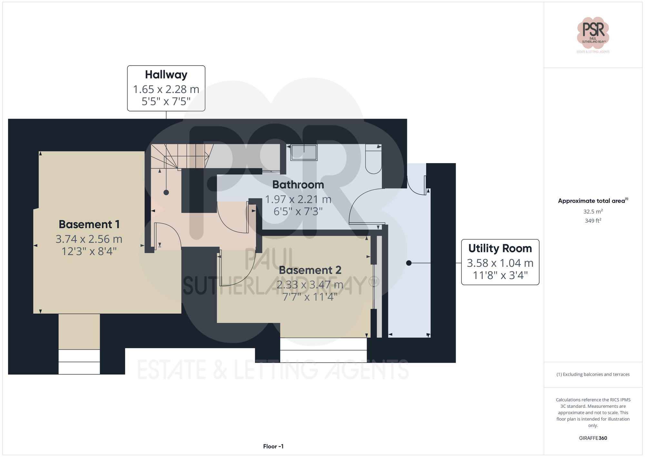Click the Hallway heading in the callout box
pyautogui.click(x=166, y=75)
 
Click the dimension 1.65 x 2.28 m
pyautogui.click(x=166, y=89)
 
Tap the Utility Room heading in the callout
pyautogui.click(x=500, y=248)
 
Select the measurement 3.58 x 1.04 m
pyautogui.click(x=500, y=263)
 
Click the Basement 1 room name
pyautogui.click(x=89, y=224)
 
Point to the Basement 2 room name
pyautogui.click(x=310, y=270)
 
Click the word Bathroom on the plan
pyautogui.click(x=298, y=185)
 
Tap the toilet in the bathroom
pyautogui.click(x=373, y=160)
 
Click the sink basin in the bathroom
pyautogui.click(x=304, y=152)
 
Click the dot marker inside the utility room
pyautogui.click(x=409, y=263)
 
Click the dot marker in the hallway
pyautogui.click(x=166, y=192)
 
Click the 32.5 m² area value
pyautogui.click(x=593, y=212)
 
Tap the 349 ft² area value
pyautogui.click(x=593, y=221)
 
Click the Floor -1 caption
pyautogui.click(x=273, y=446)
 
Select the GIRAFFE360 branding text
pyautogui.click(x=593, y=438)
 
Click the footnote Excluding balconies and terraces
pyautogui.click(x=593, y=374)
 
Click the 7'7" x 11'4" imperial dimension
pyautogui.click(x=310, y=297)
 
